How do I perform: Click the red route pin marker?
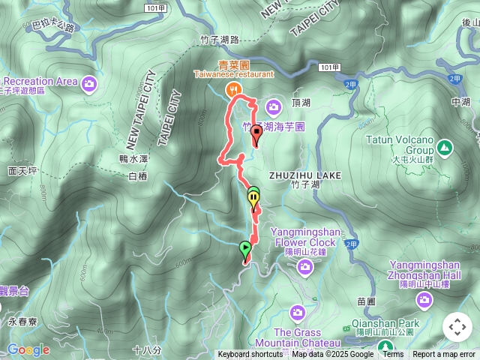pos(256,135)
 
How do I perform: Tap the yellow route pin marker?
pos(254,199)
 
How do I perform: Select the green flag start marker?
pos(245,248)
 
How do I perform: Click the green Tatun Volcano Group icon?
pos(444,146)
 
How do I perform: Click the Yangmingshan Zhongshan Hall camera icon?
pos(425,300)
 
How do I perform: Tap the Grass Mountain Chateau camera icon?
pos(298,311)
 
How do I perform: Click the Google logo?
pos(28,349)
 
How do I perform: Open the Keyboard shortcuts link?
pos(250,355)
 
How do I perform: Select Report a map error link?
pos(444,355)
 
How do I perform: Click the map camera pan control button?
pos(457,327)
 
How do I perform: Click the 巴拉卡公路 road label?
pos(53,27)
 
